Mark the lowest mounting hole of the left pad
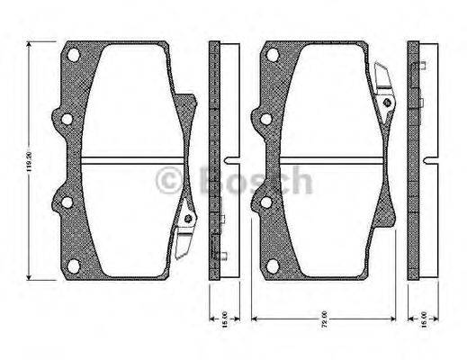(65, 205)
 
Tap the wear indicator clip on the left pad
(186, 220)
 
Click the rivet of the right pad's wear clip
(386, 102)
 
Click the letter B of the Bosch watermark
(210, 181)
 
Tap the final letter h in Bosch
(301, 181)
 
